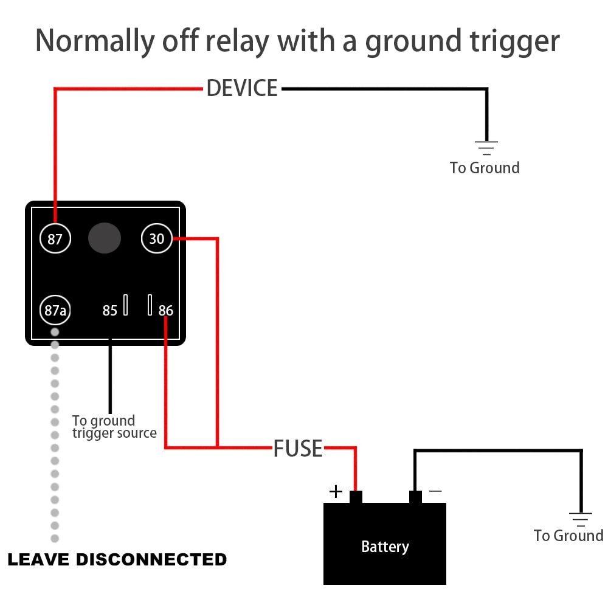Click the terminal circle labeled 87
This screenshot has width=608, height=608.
(55, 239)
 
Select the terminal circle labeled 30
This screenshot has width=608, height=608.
(157, 238)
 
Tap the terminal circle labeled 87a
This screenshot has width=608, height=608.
(55, 311)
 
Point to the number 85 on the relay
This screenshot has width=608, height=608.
(109, 311)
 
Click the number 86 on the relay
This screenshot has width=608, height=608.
(166, 311)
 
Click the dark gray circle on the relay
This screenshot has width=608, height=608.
(105, 238)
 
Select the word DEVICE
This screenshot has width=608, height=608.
(242, 89)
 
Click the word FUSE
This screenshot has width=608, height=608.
(298, 449)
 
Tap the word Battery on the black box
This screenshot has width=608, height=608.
(385, 547)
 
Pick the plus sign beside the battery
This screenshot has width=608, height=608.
(336, 491)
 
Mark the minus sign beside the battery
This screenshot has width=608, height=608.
(435, 490)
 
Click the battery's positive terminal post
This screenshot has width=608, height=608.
(356, 497)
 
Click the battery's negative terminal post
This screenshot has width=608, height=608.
(415, 497)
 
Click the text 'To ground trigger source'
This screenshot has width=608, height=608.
(114, 427)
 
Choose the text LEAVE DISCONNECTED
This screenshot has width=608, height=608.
(117, 559)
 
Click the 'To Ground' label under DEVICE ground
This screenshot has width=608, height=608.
(485, 168)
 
